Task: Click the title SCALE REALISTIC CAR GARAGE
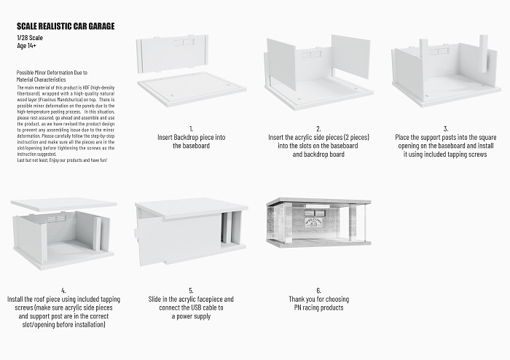click(x=65, y=26)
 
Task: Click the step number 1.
click(x=190, y=128)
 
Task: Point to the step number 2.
click(x=318, y=128)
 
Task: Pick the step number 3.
click(x=446, y=128)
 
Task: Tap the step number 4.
click(x=63, y=291)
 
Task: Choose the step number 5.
click(x=190, y=291)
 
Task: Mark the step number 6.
click(x=318, y=291)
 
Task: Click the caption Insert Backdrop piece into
click(x=190, y=137)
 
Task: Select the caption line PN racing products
click(x=318, y=308)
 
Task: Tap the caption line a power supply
click(x=190, y=316)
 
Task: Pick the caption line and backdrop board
click(x=318, y=154)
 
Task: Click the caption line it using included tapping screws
click(x=446, y=154)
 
